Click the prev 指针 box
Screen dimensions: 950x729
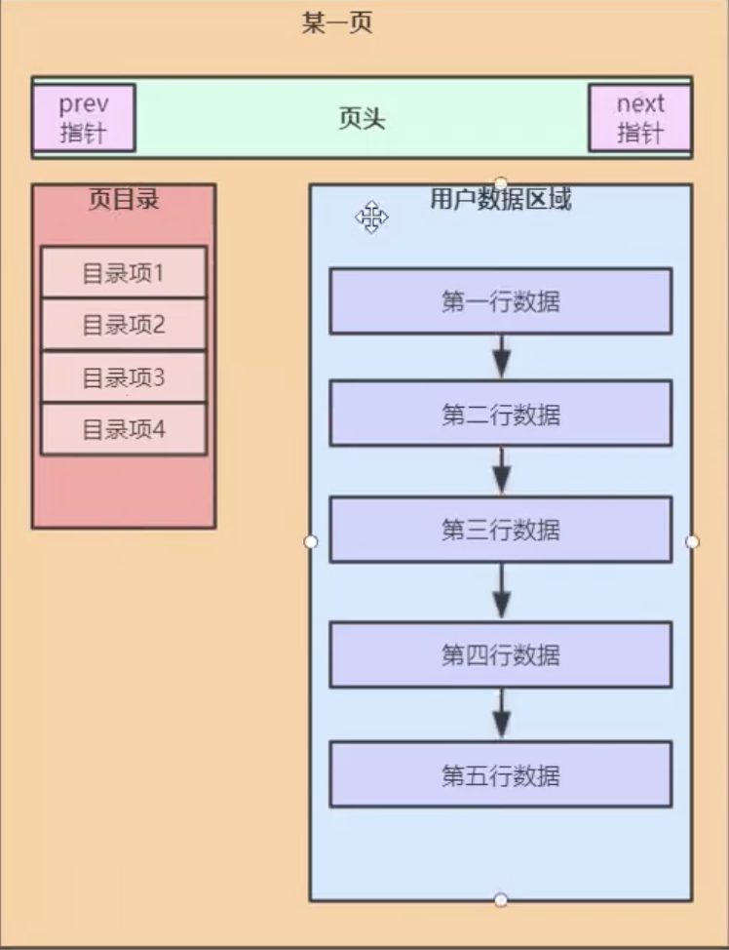click(83, 118)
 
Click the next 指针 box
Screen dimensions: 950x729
click(639, 118)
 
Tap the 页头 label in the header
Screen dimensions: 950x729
click(362, 119)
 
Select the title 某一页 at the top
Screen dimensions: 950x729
click(337, 22)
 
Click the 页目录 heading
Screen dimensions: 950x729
click(123, 200)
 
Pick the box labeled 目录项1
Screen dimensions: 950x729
click(123, 273)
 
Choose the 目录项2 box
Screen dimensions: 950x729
click(123, 325)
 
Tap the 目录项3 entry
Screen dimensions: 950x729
click(123, 377)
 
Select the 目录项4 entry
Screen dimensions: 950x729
click(123, 429)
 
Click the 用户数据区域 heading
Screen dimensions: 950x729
click(501, 200)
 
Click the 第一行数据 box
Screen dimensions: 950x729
click(500, 301)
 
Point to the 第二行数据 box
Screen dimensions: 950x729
click(500, 415)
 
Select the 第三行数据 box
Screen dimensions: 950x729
click(500, 530)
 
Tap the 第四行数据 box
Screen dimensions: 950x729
click(500, 654)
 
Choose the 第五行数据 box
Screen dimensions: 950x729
click(500, 775)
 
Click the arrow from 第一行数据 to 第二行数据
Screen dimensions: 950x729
click(501, 357)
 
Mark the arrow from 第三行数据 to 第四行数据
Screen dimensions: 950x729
click(501, 592)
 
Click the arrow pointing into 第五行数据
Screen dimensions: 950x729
click(501, 714)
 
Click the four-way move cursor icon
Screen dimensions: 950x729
click(371, 218)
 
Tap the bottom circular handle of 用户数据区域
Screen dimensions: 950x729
click(501, 899)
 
